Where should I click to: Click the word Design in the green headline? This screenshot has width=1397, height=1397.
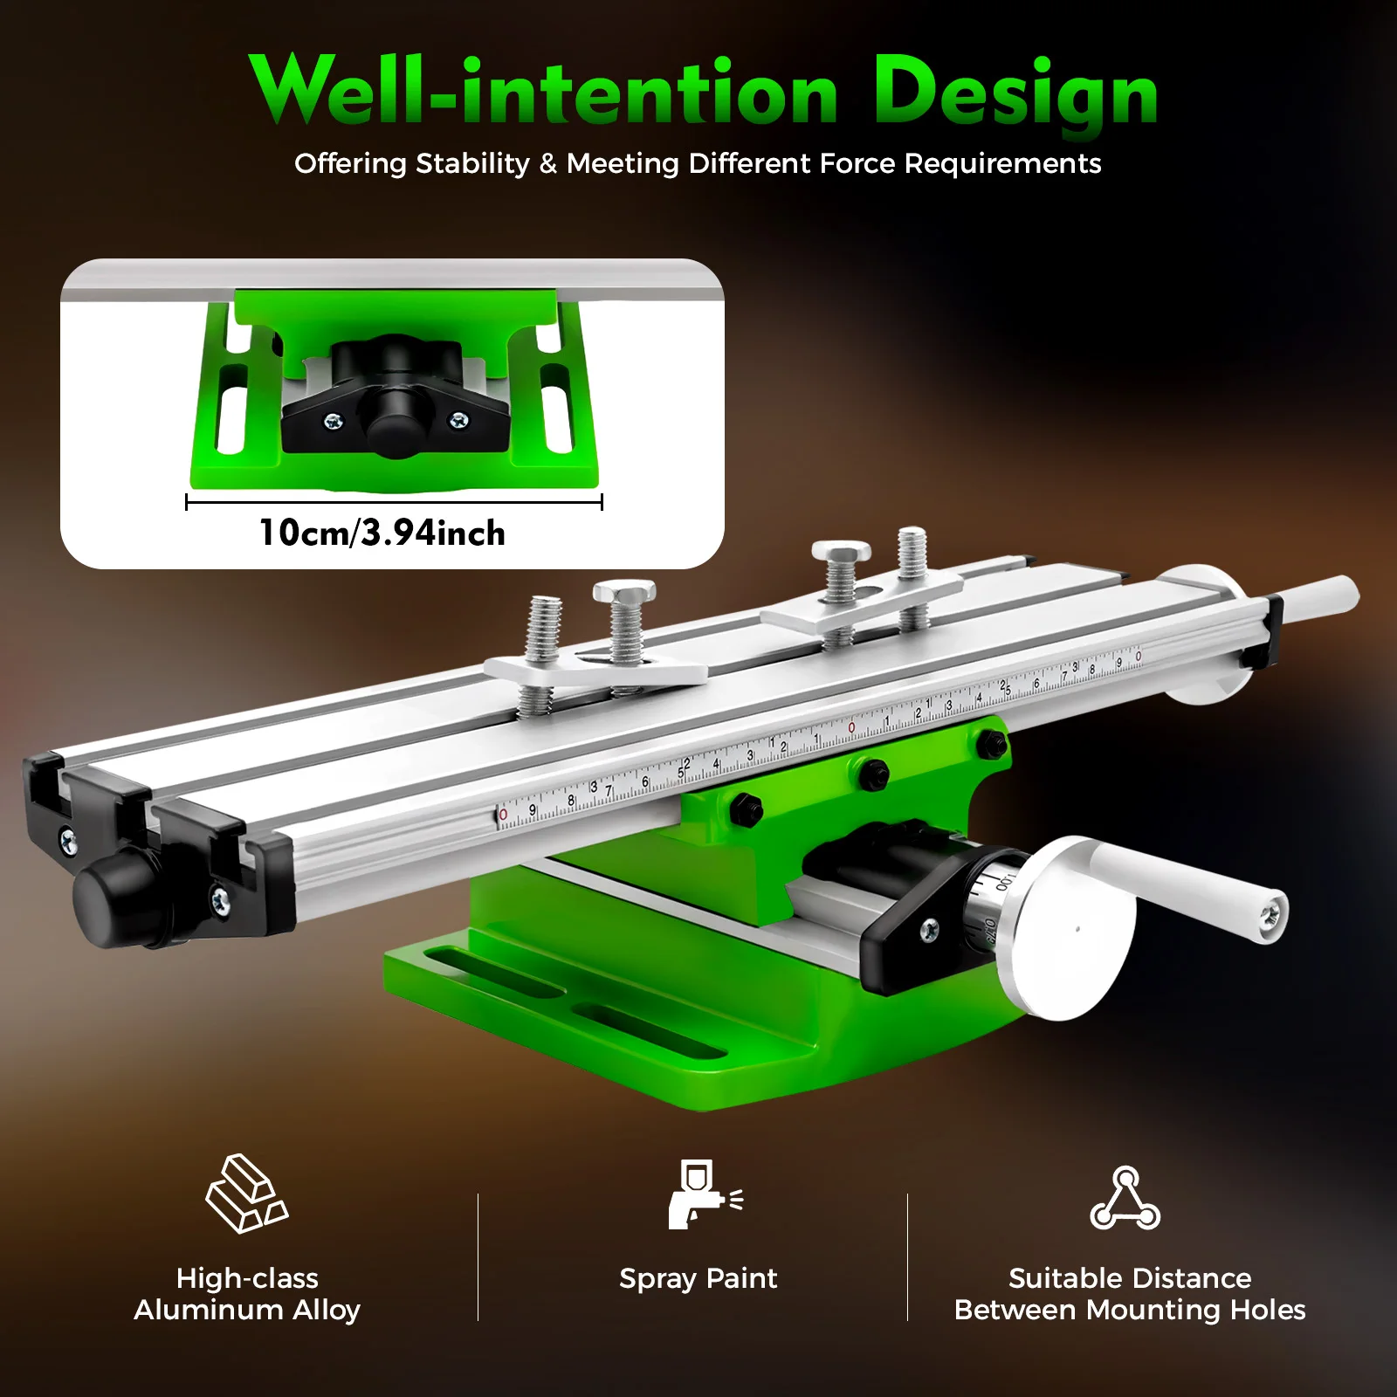(1015, 93)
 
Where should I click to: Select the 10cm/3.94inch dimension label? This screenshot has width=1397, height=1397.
(382, 533)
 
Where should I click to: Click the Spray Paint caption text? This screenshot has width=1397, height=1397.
(698, 1278)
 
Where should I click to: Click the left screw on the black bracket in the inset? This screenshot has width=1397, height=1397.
(334, 422)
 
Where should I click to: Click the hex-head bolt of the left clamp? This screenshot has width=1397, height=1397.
(623, 593)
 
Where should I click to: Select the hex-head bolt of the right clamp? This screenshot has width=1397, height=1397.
(841, 553)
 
